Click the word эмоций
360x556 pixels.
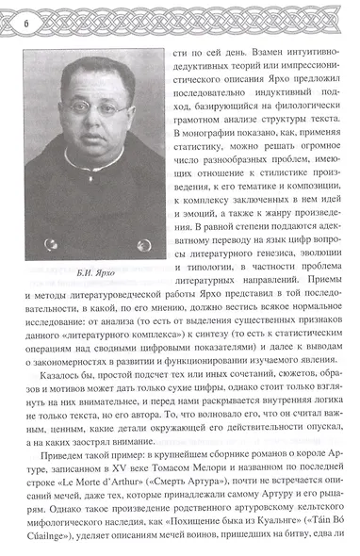205,214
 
